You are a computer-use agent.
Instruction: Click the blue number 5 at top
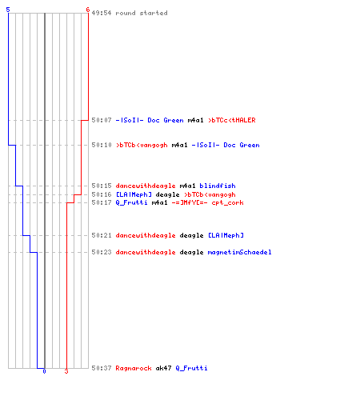click(x=8, y=10)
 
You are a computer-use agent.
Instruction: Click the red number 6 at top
click(x=88, y=10)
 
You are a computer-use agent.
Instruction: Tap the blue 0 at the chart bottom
click(x=44, y=371)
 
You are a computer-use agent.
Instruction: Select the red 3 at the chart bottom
click(x=66, y=371)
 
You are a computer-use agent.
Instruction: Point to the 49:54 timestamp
click(x=102, y=13)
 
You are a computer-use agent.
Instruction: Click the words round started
click(x=142, y=13)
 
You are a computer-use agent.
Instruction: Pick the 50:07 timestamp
click(x=102, y=120)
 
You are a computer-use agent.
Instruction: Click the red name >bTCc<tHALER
click(x=232, y=120)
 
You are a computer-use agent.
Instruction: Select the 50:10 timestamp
click(x=102, y=145)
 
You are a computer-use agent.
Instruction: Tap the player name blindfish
click(x=218, y=186)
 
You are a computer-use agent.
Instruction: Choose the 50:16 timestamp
click(x=102, y=194)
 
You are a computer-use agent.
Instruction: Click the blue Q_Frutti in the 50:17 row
click(x=131, y=202)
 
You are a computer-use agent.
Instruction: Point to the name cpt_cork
click(x=227, y=202)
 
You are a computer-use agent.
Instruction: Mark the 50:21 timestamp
click(x=102, y=235)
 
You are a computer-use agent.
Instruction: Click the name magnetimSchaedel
click(x=239, y=252)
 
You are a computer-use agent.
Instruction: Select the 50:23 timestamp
click(x=102, y=252)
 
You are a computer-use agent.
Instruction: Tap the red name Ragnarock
click(x=134, y=368)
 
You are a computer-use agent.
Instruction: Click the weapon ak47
click(x=163, y=368)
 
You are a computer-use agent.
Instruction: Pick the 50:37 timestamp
click(x=102, y=368)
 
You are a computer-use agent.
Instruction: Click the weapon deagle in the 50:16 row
click(x=167, y=195)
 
